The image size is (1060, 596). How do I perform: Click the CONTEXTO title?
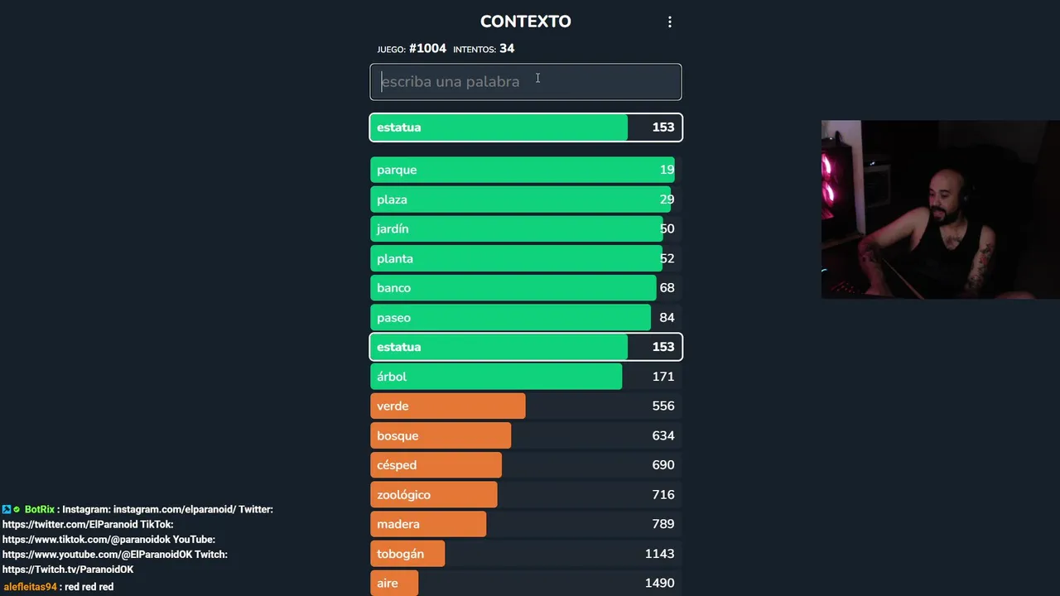click(x=525, y=22)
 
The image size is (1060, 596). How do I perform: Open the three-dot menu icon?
click(x=670, y=22)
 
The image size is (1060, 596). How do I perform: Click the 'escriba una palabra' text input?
click(x=525, y=82)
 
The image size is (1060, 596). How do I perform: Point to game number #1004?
click(x=427, y=49)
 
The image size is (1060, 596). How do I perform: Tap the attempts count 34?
click(x=507, y=49)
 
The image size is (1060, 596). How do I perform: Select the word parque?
click(x=397, y=170)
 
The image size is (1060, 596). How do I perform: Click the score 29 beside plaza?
click(x=667, y=199)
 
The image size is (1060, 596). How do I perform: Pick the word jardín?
click(x=393, y=229)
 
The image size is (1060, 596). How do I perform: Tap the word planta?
click(x=395, y=258)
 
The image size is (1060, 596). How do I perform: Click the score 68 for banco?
click(x=667, y=288)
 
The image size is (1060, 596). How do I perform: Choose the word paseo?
click(x=393, y=318)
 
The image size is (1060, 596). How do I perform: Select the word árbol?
click(x=392, y=377)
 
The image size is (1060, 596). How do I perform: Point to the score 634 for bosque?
click(x=662, y=435)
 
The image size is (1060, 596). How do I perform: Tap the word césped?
click(x=397, y=465)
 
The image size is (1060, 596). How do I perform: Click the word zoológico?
click(x=403, y=495)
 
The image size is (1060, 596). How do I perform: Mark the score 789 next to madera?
click(x=662, y=524)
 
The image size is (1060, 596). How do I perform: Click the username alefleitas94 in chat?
click(x=30, y=587)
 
